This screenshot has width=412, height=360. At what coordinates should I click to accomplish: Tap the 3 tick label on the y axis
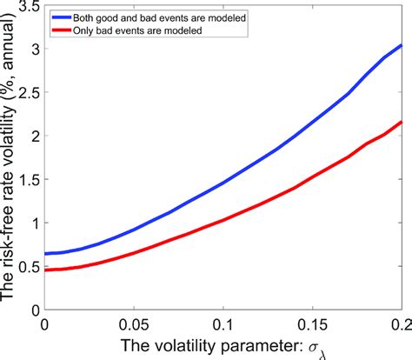pyautogui.click(x=33, y=49)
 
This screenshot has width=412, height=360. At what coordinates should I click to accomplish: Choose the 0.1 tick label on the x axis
pyautogui.click(x=223, y=323)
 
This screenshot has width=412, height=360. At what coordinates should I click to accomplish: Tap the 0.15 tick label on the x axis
pyautogui.click(x=312, y=323)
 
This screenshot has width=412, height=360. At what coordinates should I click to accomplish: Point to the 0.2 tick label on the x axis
pyautogui.click(x=399, y=323)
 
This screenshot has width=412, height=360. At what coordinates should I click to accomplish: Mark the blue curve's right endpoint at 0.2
pyautogui.click(x=402, y=44)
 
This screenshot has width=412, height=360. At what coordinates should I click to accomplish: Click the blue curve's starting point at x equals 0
pyautogui.click(x=45, y=253)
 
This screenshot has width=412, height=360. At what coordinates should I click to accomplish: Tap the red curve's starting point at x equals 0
pyautogui.click(x=45, y=270)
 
